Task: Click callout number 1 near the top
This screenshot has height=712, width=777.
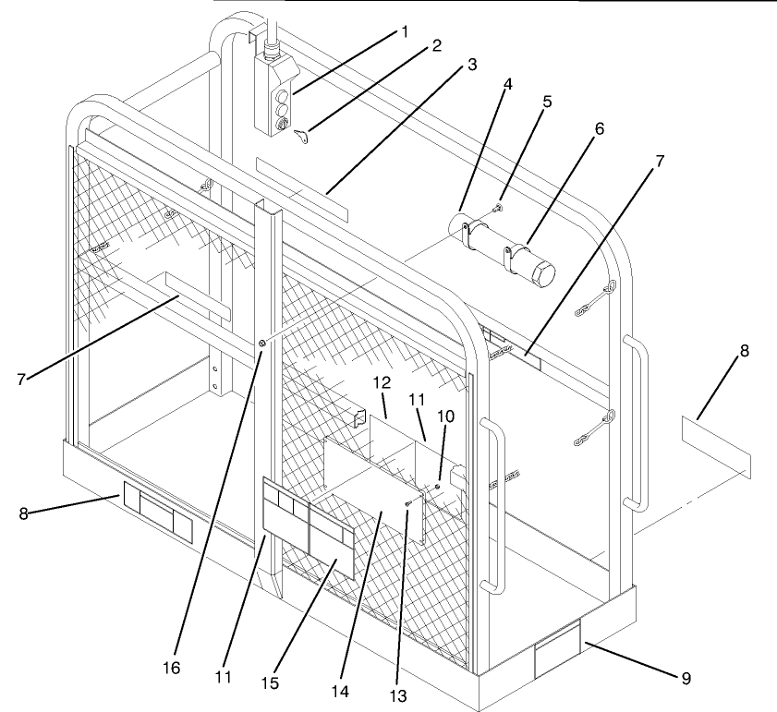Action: tap(404, 33)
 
